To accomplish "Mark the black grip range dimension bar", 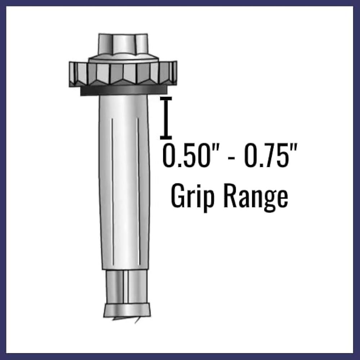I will click(166, 117).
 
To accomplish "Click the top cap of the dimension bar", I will click(166, 97).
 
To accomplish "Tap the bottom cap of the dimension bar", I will click(166, 137).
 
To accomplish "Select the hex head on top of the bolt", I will click(123, 45).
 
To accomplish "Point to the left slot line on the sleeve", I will click(112, 187).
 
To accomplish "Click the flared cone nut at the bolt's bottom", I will click(126, 310).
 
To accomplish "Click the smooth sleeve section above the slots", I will click(124, 106).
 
